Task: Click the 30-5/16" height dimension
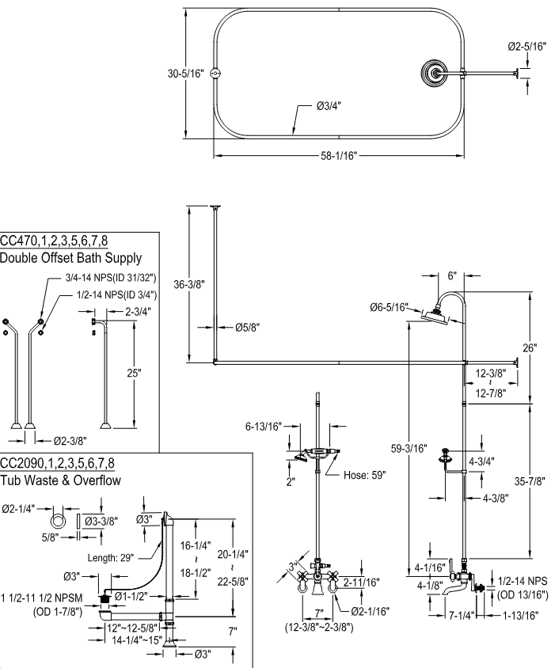tap(185, 74)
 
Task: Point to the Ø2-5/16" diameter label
tap(527, 47)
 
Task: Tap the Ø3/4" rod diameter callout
tap(326, 105)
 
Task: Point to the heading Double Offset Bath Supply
tap(71, 258)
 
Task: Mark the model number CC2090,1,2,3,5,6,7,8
tap(57, 463)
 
